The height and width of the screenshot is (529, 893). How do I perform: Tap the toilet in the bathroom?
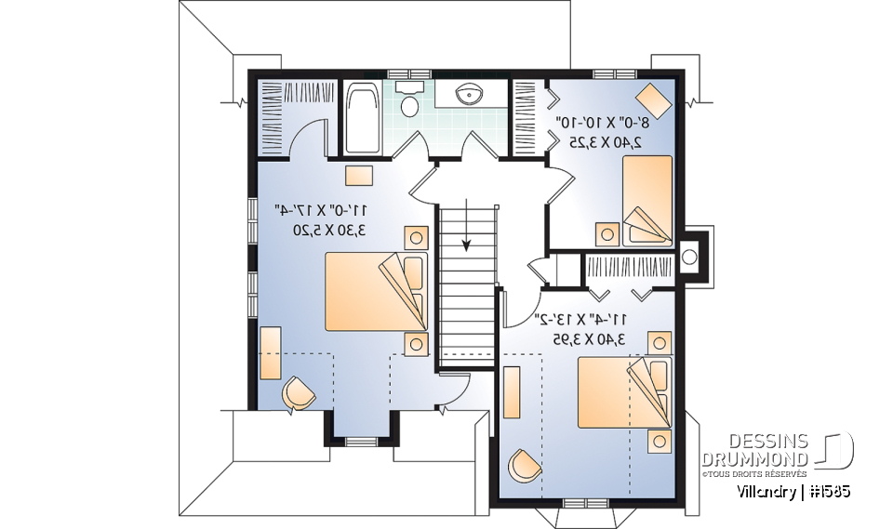[x=408, y=100]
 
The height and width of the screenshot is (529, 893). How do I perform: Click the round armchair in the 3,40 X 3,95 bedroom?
[x=523, y=465]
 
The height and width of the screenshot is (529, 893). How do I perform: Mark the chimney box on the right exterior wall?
[x=690, y=254]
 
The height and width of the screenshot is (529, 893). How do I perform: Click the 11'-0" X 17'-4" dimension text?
[x=315, y=211]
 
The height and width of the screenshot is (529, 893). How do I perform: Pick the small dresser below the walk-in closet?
[x=358, y=176]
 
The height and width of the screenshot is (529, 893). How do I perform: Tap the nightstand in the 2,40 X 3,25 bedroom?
[x=607, y=232]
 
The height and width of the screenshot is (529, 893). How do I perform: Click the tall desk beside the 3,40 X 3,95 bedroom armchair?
[x=512, y=391]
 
